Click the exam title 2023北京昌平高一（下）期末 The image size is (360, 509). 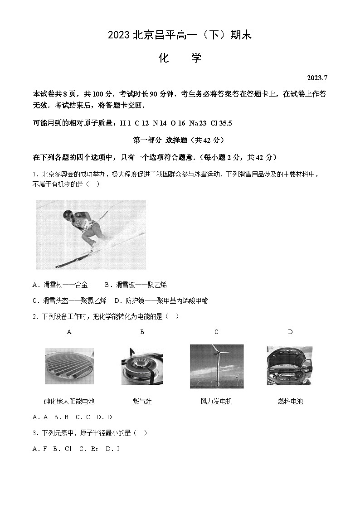(x=180, y=35)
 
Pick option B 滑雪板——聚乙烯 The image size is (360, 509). (x=136, y=285)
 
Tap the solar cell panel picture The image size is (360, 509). (x=69, y=366)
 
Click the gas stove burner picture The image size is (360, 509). (x=142, y=366)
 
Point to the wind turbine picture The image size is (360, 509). (x=216, y=366)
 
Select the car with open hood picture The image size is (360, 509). (x=289, y=366)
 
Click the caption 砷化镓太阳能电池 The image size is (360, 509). (x=69, y=401)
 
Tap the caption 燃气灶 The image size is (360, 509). (x=142, y=401)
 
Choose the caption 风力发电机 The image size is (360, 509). (x=216, y=401)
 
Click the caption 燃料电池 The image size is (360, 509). (x=290, y=401)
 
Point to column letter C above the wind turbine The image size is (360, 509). (x=216, y=332)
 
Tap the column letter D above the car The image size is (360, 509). (x=290, y=332)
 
